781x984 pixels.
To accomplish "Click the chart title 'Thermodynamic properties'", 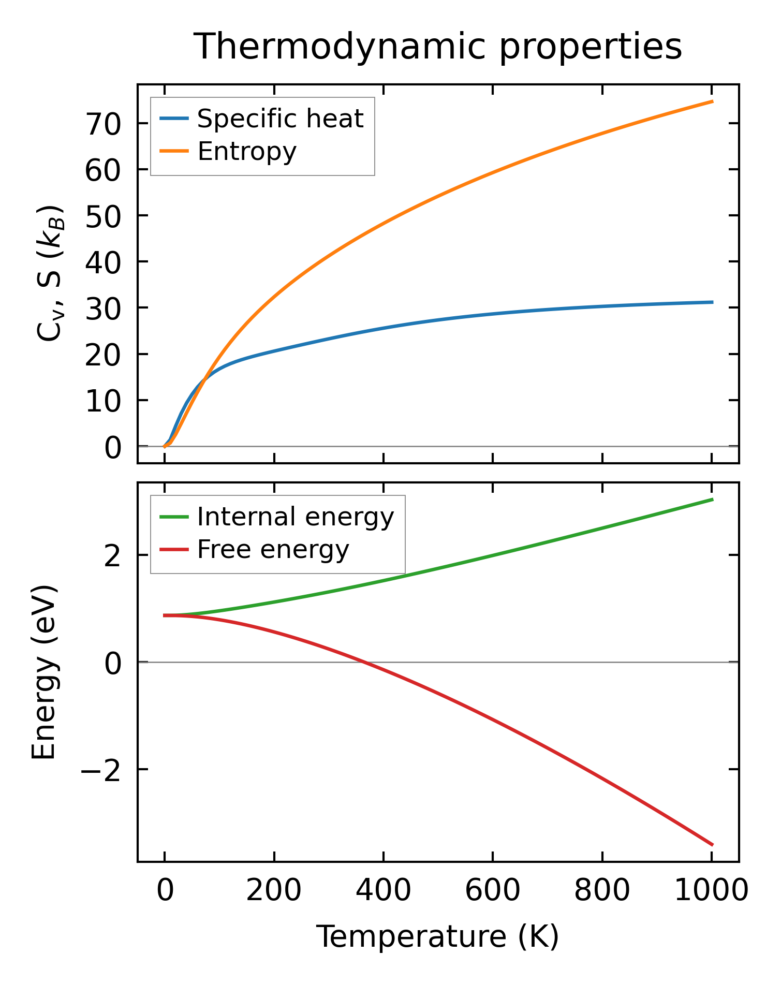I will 437,47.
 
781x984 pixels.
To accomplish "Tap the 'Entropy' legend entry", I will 247,151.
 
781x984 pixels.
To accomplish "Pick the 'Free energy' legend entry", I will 273,549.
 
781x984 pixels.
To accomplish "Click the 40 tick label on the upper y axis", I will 103,262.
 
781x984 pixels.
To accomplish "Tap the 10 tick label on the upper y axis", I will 103,401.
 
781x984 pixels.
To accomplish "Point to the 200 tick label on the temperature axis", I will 274,891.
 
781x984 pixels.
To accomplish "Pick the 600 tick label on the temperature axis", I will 493,891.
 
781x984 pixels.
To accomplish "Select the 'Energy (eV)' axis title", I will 43,672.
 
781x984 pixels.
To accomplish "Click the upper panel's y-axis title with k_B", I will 50,273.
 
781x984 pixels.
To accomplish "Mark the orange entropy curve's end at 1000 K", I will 712,101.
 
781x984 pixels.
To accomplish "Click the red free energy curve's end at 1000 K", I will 712,845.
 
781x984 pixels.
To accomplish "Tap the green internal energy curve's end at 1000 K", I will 712,500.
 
